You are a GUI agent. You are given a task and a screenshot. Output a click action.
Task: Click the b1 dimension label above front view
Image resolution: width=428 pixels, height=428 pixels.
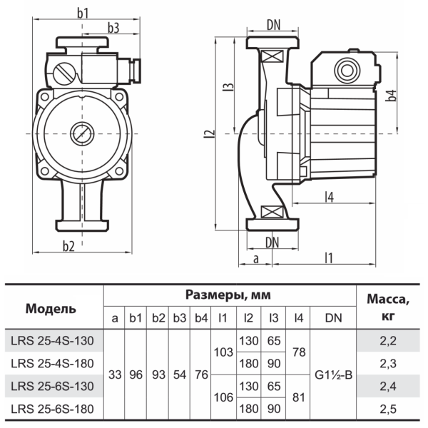click(x=83, y=13)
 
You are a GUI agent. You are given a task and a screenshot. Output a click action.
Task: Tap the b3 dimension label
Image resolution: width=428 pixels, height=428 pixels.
click(x=113, y=28)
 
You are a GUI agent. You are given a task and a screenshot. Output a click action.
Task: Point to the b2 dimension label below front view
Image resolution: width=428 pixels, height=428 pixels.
click(x=68, y=246)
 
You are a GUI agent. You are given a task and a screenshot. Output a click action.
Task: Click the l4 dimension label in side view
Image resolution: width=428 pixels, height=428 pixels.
click(x=330, y=197)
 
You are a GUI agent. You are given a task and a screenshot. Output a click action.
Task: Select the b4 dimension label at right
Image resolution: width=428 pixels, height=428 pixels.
click(x=391, y=96)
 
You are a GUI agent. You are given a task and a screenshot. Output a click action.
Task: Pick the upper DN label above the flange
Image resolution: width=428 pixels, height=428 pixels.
click(x=273, y=25)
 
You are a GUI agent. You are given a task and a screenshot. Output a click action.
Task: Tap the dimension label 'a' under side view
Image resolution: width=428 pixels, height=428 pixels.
click(x=255, y=259)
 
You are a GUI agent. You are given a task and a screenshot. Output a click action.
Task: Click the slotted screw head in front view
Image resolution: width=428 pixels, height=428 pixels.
click(x=64, y=74)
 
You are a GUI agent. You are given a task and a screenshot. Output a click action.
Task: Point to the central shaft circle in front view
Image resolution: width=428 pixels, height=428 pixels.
click(x=82, y=134)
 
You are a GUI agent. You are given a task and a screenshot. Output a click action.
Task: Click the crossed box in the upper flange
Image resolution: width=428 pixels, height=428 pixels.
click(x=272, y=56)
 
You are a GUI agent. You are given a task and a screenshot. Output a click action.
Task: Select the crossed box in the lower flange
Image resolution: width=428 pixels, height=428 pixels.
click(x=272, y=212)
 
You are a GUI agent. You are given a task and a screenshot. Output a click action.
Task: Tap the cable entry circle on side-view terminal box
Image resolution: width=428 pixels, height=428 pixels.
click(x=347, y=71)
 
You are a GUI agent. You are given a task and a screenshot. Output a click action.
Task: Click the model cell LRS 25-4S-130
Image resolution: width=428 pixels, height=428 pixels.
click(x=52, y=341)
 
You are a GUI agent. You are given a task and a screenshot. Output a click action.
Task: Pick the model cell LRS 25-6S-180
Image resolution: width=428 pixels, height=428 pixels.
click(x=52, y=409)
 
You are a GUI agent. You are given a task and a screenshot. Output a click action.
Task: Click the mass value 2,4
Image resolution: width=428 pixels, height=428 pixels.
click(x=388, y=386)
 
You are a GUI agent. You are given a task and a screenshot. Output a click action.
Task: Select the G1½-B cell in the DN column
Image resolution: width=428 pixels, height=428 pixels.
click(x=333, y=374)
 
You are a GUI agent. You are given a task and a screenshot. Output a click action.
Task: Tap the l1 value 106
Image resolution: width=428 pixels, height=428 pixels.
click(x=223, y=397)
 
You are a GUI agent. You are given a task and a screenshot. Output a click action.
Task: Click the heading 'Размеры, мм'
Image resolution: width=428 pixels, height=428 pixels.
click(x=228, y=295)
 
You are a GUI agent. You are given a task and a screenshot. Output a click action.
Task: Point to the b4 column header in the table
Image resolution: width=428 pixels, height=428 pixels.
click(x=201, y=318)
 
